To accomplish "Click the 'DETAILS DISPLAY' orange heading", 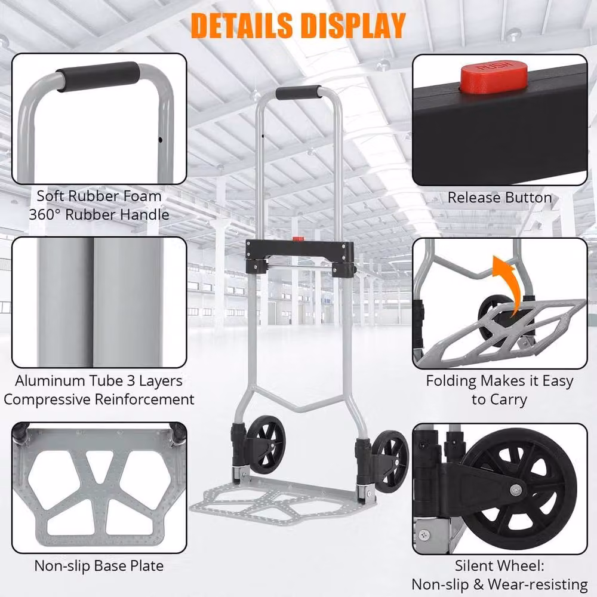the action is click(x=298, y=26).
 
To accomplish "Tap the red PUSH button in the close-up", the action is click(x=494, y=78).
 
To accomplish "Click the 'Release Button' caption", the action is click(x=500, y=198).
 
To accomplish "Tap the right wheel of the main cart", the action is click(x=391, y=461).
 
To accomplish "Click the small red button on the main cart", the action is click(x=298, y=239).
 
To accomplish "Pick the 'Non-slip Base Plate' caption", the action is click(x=99, y=566).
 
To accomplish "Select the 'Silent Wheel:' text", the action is click(x=500, y=566).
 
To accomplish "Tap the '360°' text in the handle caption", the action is click(x=45, y=215).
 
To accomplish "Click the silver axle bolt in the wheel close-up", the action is click(x=516, y=490).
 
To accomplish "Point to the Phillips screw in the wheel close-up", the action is click(x=424, y=534).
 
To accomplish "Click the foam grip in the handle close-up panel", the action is click(x=99, y=76).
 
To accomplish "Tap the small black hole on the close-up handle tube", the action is click(x=160, y=140).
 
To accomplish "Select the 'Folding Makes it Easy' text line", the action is click(x=500, y=381).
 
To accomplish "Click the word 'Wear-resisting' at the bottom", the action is click(x=538, y=584).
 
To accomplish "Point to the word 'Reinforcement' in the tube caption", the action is click(x=144, y=399).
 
